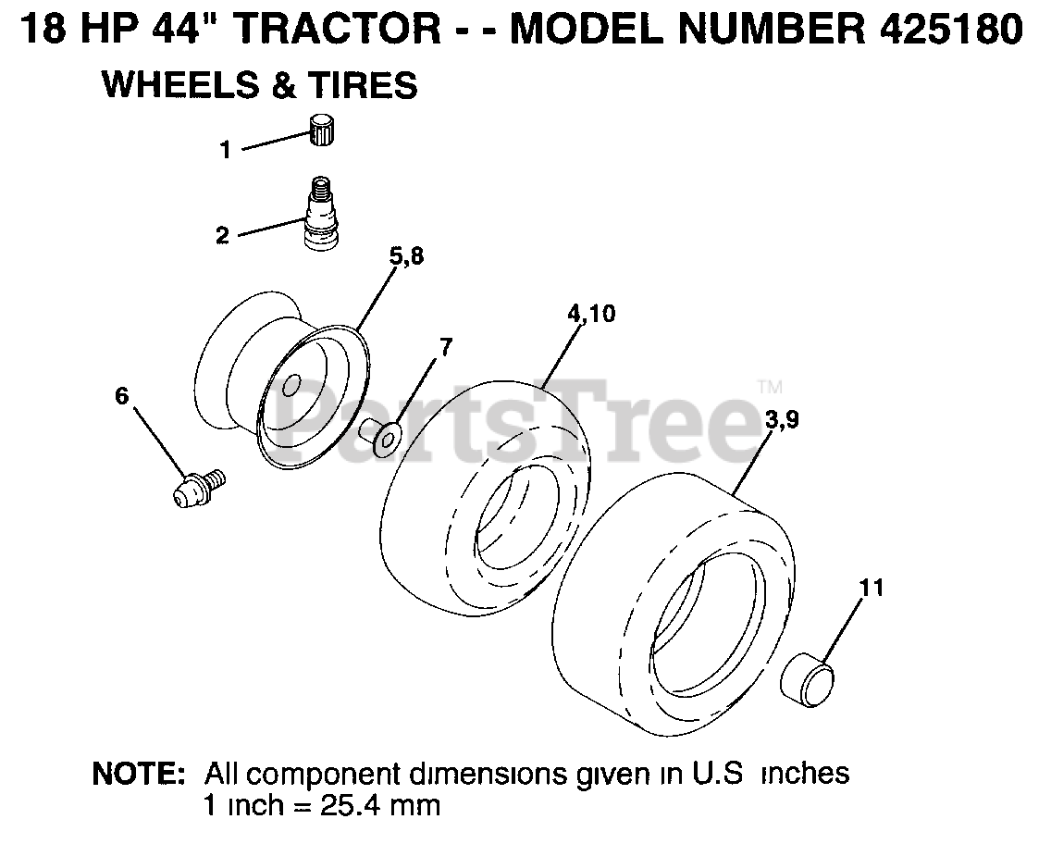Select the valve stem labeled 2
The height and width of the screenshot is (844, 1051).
click(320, 213)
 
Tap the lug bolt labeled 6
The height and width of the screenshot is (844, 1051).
click(196, 488)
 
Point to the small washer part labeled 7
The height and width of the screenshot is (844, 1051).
click(380, 435)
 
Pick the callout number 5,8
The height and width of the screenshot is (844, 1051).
click(406, 256)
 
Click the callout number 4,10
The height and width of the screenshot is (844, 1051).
click(591, 314)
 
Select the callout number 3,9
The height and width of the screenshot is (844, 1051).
click(782, 420)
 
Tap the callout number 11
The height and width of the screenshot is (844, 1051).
click(872, 588)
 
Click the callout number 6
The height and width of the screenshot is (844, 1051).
click(121, 395)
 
